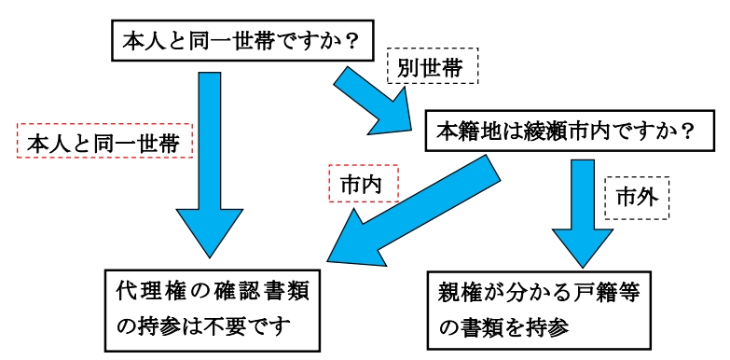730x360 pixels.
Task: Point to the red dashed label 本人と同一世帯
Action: point(103,144)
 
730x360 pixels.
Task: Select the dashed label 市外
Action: point(639,196)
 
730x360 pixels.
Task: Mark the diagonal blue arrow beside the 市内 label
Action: point(410,215)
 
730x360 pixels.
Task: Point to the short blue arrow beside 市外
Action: point(580,210)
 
